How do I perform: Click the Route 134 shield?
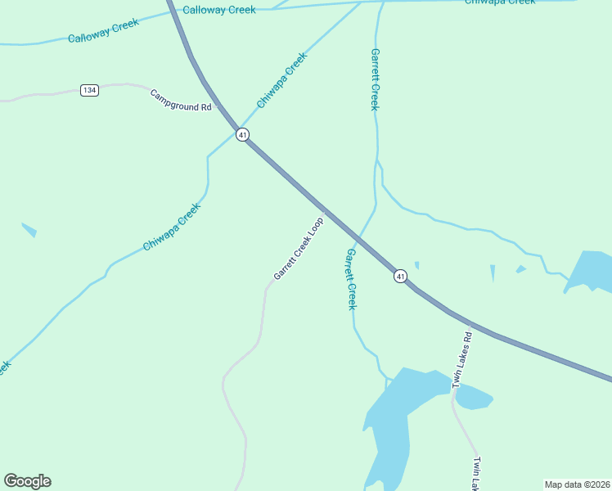point(90,90)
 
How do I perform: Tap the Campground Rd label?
point(181,101)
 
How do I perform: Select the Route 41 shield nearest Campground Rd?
point(242,135)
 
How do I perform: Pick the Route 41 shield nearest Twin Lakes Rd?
point(400,277)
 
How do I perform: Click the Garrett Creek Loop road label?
point(299,248)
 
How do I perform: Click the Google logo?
point(27,481)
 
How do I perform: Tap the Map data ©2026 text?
point(577,484)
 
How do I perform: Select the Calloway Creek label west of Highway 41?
point(103,33)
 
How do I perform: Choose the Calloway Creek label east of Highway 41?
point(219,10)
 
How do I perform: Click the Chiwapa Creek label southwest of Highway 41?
point(172,227)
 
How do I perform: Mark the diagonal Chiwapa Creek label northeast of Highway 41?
point(281,80)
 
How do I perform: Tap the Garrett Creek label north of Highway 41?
point(375,79)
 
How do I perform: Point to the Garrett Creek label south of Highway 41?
point(351,279)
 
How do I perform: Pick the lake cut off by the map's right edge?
point(592,272)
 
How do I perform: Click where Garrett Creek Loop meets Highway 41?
point(325,211)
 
